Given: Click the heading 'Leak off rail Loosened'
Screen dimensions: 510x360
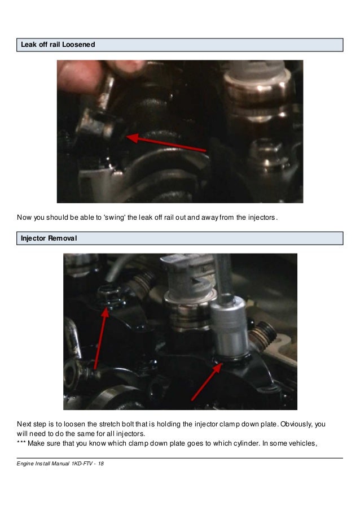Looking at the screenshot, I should tap(58, 45).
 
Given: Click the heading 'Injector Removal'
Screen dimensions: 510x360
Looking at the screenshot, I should tap(49, 238).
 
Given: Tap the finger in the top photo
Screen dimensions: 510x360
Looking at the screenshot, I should tap(80, 76).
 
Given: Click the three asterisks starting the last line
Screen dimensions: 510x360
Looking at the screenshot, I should tap(23, 443).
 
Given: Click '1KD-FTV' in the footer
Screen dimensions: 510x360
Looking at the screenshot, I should tap(78, 464).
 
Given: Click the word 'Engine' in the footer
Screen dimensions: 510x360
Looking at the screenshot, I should tap(25, 464).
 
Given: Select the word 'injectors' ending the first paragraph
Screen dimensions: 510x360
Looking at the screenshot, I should tap(262, 217).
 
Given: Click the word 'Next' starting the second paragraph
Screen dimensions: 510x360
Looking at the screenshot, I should tap(24, 423).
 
